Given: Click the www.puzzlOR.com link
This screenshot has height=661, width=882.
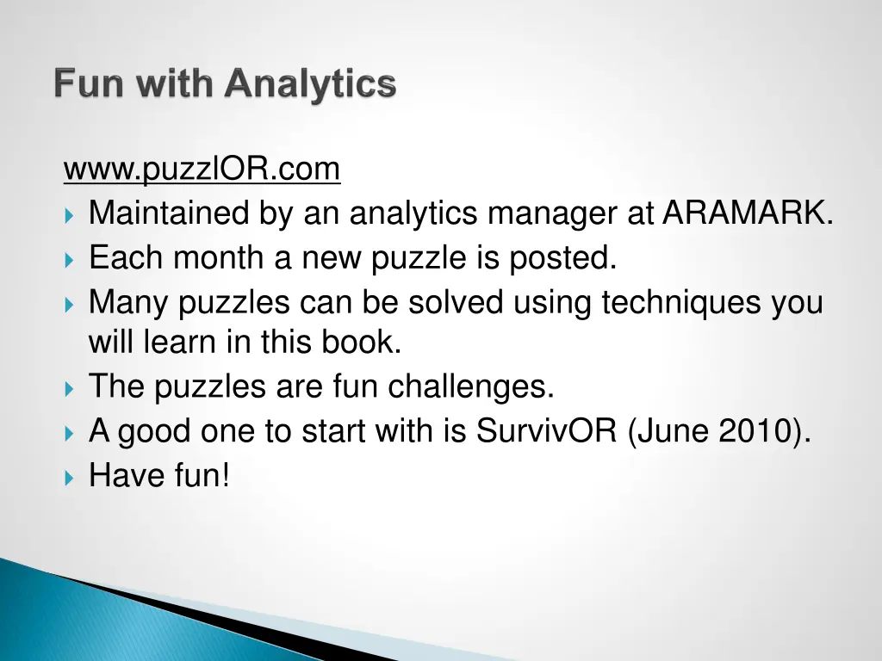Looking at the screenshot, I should tap(202, 170).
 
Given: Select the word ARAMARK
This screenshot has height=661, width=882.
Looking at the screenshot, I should tap(747, 213).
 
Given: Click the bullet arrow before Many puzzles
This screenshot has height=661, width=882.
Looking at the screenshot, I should tap(70, 304).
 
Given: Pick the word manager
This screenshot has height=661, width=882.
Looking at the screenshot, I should tap(551, 213).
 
